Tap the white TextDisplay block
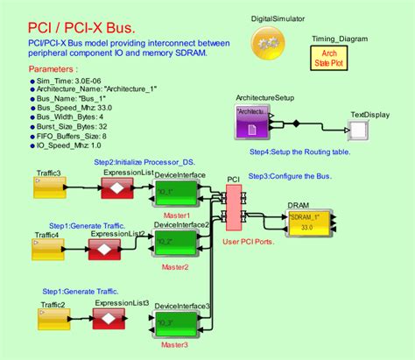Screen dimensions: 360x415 click(x=359, y=130)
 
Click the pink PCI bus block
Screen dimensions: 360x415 click(x=233, y=211)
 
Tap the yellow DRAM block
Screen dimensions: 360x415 click(x=309, y=222)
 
